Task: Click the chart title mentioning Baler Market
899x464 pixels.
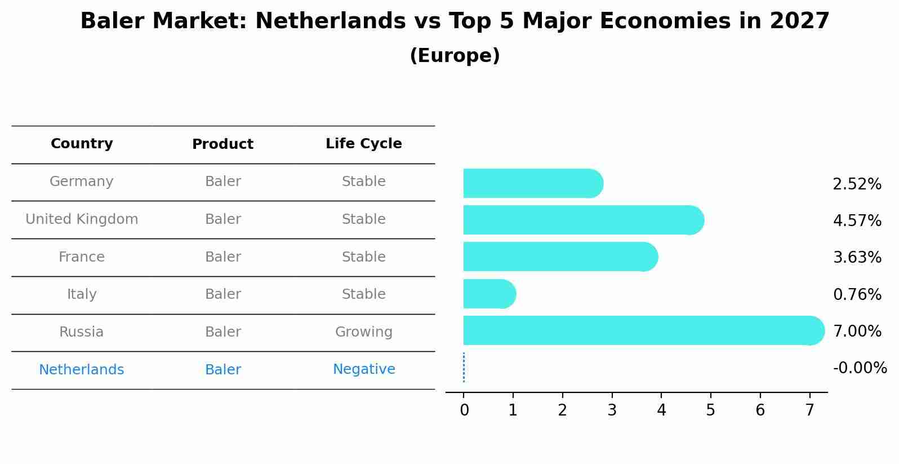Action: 455,21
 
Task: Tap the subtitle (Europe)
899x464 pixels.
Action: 455,56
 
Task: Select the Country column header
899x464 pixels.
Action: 82,144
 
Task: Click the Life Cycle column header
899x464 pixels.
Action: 363,144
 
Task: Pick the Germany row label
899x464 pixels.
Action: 82,182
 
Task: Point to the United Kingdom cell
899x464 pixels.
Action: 82,219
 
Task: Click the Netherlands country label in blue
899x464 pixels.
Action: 82,370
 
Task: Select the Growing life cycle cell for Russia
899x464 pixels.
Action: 363,332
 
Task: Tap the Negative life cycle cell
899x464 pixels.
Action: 363,369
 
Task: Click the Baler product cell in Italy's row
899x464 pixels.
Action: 222,294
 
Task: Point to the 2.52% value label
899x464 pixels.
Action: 857,184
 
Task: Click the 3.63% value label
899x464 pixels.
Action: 857,258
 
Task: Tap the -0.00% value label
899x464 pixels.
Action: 860,368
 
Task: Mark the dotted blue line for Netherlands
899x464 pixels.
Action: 464,368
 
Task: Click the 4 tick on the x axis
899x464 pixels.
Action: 661,410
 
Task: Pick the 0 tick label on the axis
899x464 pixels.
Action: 464,410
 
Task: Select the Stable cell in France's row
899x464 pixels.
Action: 363,257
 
